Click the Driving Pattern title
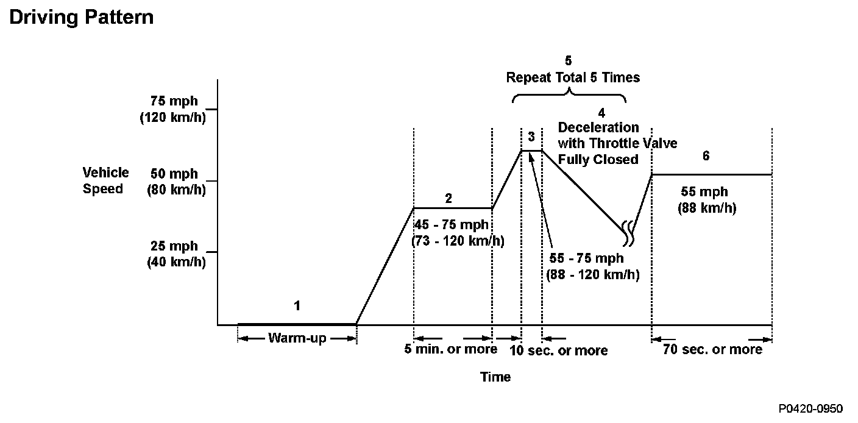coord(81,17)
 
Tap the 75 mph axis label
coord(174,102)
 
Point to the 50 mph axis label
coord(174,174)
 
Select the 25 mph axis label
coord(174,246)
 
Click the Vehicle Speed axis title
coord(105,180)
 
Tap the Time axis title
coord(495,377)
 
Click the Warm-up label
coord(297,338)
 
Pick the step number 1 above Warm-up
coord(297,305)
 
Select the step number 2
coord(448,198)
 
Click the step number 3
coord(531,136)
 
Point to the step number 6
coord(706,156)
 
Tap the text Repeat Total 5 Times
coord(573,77)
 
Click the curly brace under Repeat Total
coord(570,94)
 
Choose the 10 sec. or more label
coord(559,350)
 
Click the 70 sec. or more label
coord(712,349)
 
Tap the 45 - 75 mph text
coord(452,224)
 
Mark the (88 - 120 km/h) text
coord(592,274)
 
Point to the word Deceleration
coord(598,127)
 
